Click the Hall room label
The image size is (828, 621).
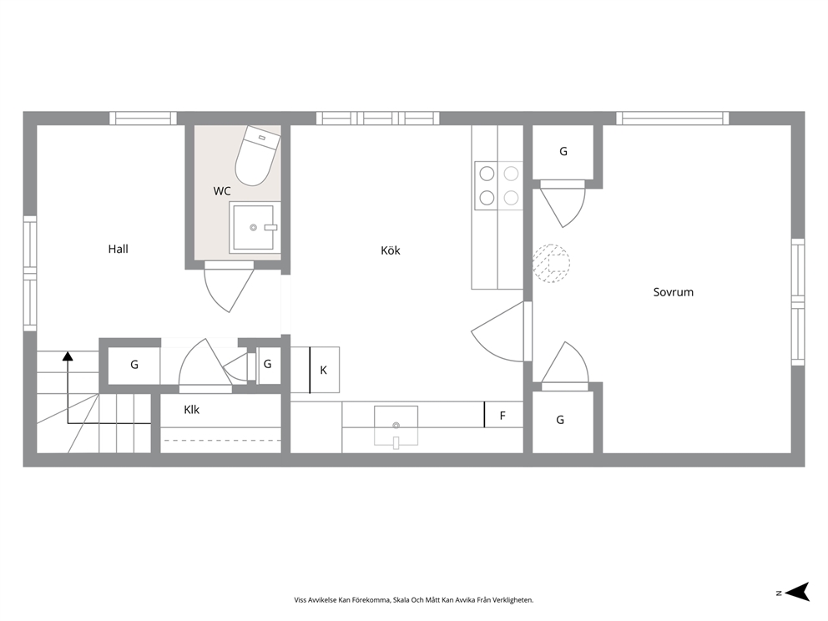118,250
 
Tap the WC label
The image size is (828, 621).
222,191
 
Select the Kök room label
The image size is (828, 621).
391,250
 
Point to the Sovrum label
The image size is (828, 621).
674,292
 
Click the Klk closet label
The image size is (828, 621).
191,410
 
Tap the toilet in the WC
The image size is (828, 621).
257,156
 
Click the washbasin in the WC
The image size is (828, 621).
254,227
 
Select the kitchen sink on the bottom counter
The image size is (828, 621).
396,425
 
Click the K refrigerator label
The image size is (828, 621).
323,370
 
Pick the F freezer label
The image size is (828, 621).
502,416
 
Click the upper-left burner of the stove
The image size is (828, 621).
487,174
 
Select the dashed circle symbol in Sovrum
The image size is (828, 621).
551,263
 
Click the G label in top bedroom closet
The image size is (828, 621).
563,152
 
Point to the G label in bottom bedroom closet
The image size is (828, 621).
560,420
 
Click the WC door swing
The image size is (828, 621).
229,288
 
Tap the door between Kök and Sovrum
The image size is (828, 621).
499,331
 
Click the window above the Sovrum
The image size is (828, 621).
672,119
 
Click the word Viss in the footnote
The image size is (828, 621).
300,600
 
